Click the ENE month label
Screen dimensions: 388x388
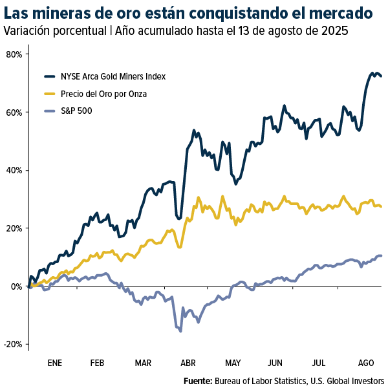[55, 363]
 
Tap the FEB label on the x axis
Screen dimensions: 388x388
[98, 363]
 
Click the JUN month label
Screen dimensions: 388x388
[275, 363]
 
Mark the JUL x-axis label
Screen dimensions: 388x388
[319, 363]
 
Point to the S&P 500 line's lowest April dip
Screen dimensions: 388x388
[180, 330]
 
